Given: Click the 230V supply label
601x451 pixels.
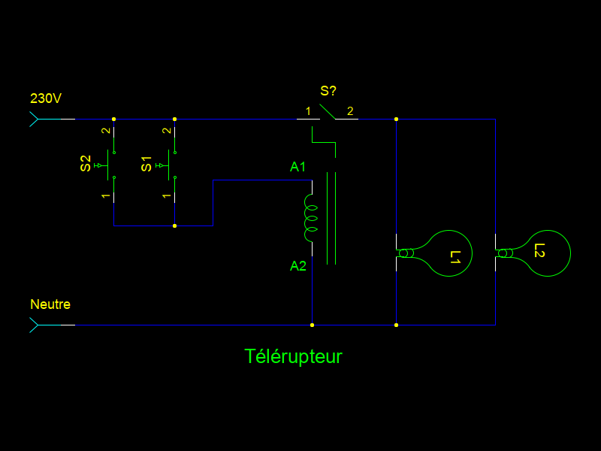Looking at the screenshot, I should [46, 98].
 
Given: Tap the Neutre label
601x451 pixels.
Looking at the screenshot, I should [50, 304].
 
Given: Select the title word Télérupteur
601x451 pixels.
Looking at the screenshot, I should [293, 356].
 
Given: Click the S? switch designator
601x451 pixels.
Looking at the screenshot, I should [328, 91].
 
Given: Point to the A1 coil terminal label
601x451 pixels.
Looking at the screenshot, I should [298, 167].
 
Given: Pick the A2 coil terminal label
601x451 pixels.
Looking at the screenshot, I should [298, 266].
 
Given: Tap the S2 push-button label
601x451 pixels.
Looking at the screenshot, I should [86, 163].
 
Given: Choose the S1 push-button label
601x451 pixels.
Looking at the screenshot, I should [146, 163].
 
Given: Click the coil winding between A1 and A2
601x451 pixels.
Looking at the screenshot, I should [310, 218].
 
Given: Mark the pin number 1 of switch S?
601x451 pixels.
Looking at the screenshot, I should [308, 111].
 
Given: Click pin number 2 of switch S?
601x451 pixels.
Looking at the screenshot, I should [350, 111].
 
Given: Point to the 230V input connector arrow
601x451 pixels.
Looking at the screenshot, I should [34, 119].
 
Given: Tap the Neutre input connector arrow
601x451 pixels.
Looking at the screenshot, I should [34, 325].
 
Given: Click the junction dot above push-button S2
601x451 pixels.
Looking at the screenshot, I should [113, 119].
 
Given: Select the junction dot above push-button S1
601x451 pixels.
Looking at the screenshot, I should [174, 119].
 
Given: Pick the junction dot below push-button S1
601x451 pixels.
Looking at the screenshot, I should [174, 225].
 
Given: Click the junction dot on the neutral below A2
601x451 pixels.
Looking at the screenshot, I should [312, 325].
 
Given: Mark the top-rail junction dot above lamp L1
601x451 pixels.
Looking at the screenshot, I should [396, 119].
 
